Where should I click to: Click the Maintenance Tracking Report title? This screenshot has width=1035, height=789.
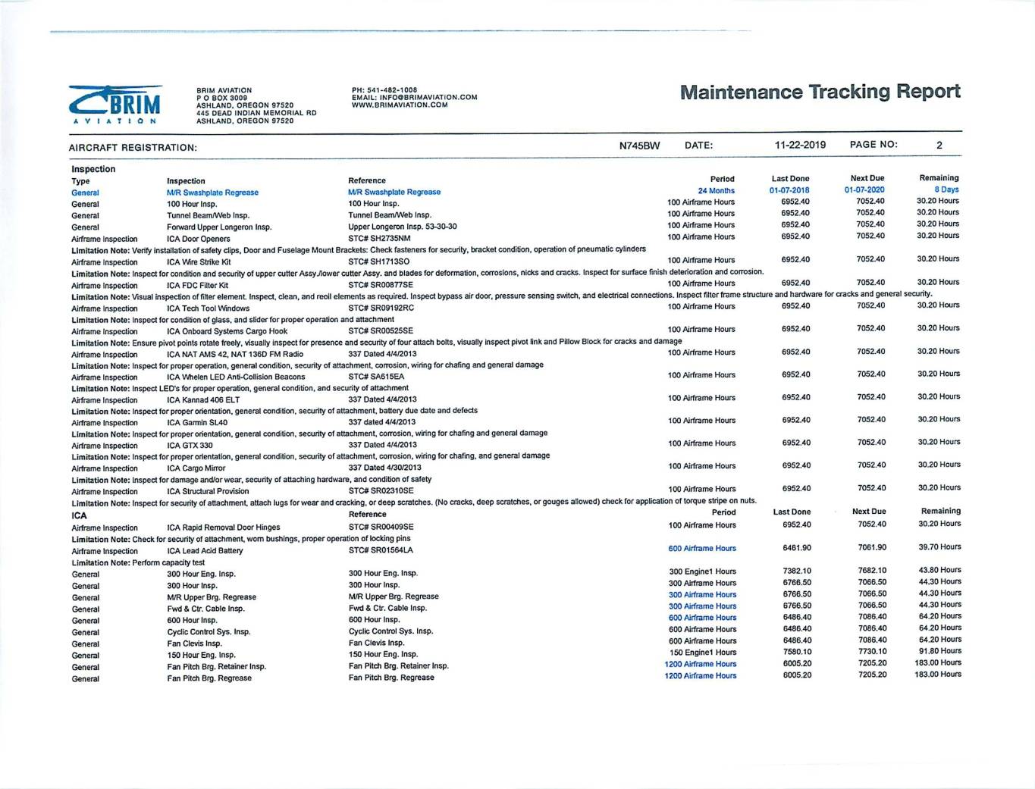[x=820, y=92]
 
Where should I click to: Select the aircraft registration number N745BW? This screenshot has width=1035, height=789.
[x=639, y=146]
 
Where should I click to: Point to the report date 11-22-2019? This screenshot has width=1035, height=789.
[x=800, y=145]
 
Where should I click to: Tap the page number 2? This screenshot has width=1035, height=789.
[x=939, y=145]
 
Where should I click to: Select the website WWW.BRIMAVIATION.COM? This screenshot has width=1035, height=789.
[x=400, y=105]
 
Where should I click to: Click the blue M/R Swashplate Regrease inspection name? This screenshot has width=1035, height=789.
[x=212, y=193]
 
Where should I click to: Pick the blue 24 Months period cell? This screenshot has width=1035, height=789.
[x=716, y=191]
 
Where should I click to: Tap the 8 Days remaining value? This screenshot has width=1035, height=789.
[x=946, y=189]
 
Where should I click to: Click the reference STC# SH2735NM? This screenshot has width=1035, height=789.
[x=379, y=239]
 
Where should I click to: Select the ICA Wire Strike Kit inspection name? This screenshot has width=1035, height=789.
[x=199, y=262]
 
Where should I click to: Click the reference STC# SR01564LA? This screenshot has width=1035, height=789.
[x=381, y=550]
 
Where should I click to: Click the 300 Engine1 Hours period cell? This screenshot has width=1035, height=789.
[x=702, y=571]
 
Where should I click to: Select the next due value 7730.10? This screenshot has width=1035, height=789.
[x=872, y=651]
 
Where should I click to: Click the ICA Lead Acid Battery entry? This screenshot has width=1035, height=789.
[x=205, y=551]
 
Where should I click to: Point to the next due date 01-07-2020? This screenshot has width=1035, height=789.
[x=864, y=190]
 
